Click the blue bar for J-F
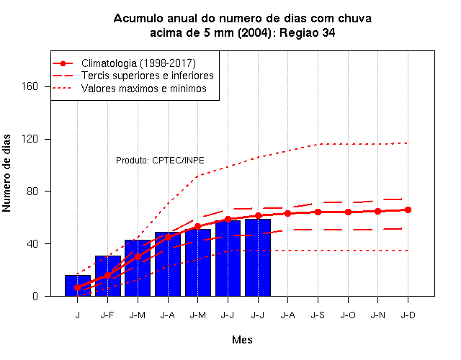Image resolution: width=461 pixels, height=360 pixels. click(x=108, y=276)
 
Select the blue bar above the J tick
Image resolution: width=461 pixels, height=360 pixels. click(x=78, y=285)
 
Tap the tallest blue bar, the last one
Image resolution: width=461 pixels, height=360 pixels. click(x=258, y=258)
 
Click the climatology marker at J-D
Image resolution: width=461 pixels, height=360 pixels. click(x=408, y=210)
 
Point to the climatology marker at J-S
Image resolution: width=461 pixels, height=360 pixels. click(x=318, y=212)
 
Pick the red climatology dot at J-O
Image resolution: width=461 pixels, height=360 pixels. click(x=348, y=212)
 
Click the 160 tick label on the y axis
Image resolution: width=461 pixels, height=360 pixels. click(x=30, y=86)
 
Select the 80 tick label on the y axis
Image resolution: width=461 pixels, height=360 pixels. click(x=32, y=192)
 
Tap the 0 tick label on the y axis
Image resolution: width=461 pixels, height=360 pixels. click(x=35, y=296)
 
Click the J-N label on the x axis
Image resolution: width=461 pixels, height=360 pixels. click(x=377, y=315)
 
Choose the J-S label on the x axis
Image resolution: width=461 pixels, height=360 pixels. click(x=318, y=315)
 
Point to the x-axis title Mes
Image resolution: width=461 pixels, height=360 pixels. click(x=242, y=340)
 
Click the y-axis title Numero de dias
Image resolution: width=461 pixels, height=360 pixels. click(x=6, y=174)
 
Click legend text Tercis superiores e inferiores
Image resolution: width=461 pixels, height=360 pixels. click(x=148, y=76)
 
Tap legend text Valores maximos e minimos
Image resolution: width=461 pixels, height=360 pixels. click(x=144, y=89)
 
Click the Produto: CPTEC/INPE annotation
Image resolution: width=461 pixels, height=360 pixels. click(x=160, y=161)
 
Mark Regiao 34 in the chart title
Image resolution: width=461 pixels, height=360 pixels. click(x=308, y=32)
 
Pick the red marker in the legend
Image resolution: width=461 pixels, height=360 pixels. click(x=63, y=63)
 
